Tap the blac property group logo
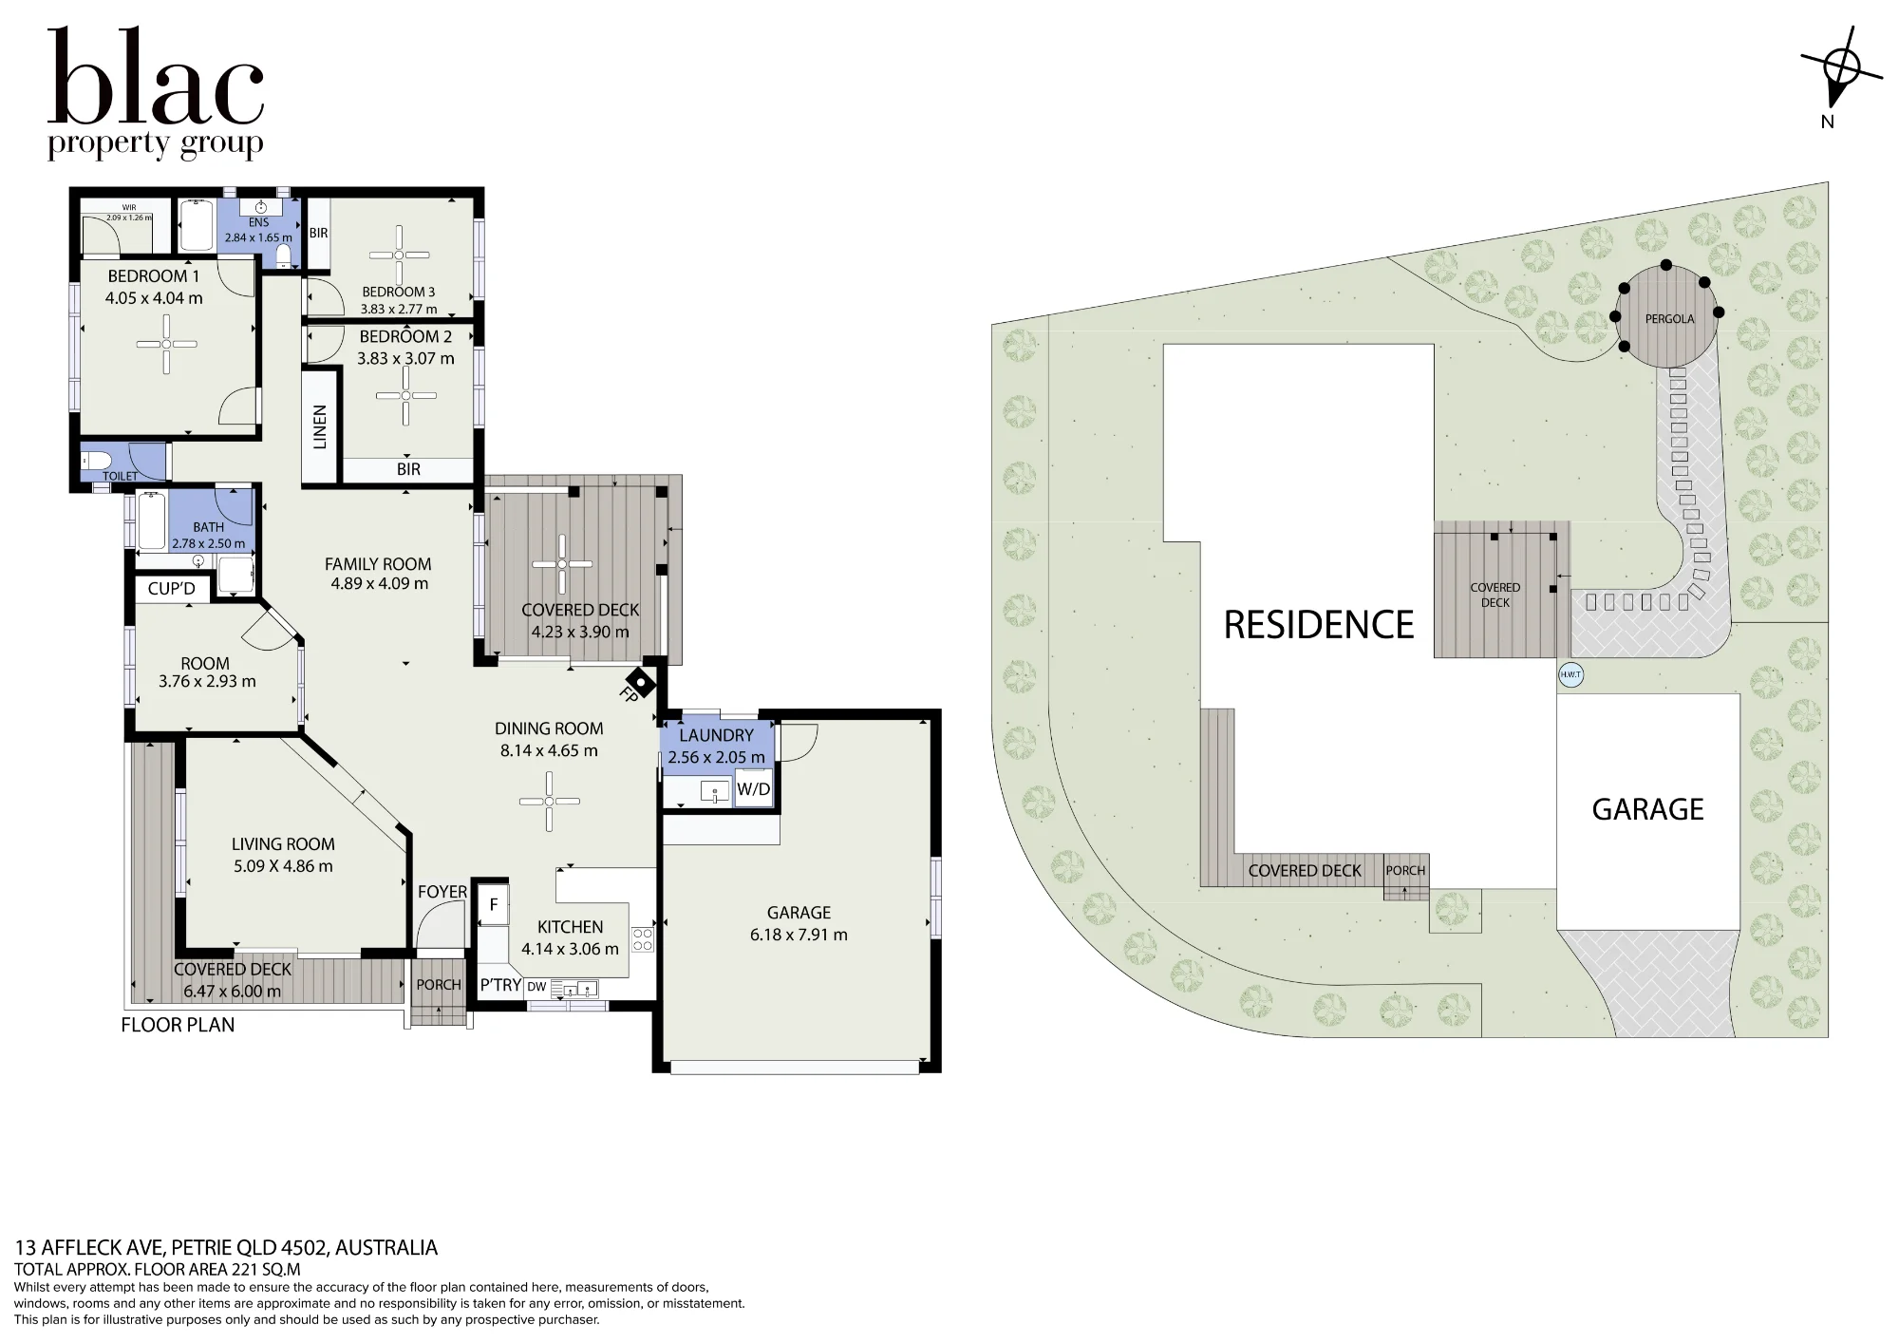pos(156,93)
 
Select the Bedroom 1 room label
pos(154,276)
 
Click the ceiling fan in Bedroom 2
pos(405,395)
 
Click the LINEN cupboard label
pos(320,426)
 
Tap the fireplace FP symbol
pos(639,683)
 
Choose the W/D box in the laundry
pos(754,789)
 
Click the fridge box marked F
pos(494,905)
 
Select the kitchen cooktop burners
pos(643,939)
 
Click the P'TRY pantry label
pos(500,985)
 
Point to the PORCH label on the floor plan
pos(439,985)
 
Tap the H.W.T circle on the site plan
pos(1571,675)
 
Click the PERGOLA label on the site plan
pos(1669,319)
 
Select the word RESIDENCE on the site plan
pos(1319,625)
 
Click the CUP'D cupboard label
pos(172,589)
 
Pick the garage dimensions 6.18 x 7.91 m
pos(799,935)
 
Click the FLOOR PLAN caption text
pos(178,1025)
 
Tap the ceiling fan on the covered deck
pos(562,564)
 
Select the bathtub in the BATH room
pos(152,521)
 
